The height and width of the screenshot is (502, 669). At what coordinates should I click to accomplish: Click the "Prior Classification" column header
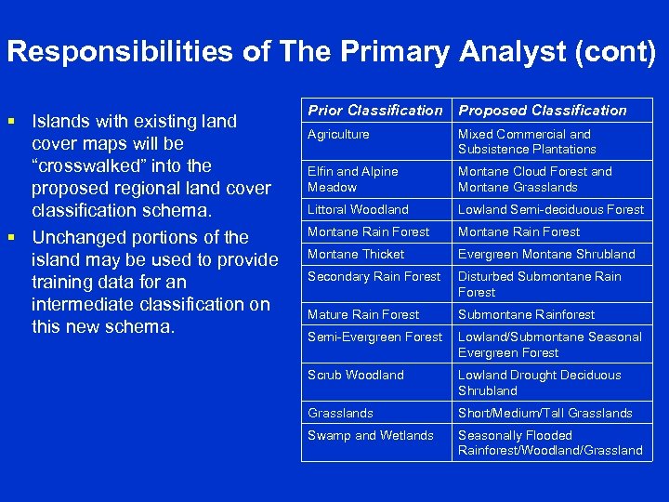click(x=375, y=111)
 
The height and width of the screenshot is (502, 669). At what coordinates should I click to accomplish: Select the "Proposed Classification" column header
click(x=543, y=111)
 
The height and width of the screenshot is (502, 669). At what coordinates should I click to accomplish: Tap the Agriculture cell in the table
click(x=338, y=135)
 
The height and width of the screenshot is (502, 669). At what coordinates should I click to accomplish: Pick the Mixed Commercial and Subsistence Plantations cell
click(x=527, y=142)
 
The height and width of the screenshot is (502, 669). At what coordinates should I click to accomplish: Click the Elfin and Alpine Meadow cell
click(x=353, y=179)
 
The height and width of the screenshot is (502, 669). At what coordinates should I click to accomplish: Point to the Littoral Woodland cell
click(x=358, y=210)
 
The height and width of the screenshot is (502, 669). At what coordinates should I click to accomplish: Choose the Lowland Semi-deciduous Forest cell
click(x=551, y=210)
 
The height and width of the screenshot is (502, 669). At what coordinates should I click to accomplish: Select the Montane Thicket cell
click(x=356, y=255)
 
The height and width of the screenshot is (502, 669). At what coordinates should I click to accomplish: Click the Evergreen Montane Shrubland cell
click(x=546, y=255)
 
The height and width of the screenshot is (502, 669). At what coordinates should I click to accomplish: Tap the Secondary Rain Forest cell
click(x=374, y=277)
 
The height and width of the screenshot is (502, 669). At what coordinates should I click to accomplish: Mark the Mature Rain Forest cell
click(x=363, y=315)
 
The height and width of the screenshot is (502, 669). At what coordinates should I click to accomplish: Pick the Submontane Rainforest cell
click(x=526, y=315)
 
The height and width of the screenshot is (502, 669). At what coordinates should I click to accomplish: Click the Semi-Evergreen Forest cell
click(x=375, y=337)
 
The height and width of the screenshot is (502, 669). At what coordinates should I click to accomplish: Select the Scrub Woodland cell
click(x=356, y=376)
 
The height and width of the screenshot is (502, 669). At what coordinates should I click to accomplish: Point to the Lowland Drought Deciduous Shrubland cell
click(x=540, y=383)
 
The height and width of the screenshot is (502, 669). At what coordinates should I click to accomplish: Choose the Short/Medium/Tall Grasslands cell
click(x=544, y=414)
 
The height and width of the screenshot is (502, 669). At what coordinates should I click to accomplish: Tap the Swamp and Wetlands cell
click(x=371, y=436)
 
